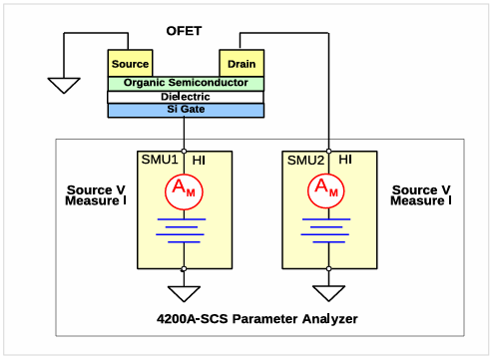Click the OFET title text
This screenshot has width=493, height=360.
(184, 31)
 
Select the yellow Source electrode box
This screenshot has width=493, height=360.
(130, 63)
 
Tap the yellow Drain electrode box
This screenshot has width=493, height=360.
(242, 63)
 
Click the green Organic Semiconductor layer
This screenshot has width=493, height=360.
(186, 84)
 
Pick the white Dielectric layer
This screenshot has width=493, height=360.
(186, 97)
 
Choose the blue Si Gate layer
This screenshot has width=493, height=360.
(186, 111)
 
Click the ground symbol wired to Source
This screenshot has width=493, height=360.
(64, 86)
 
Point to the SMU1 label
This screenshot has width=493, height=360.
(160, 160)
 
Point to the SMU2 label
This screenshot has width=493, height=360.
(305, 161)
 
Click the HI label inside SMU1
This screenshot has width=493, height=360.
(199, 161)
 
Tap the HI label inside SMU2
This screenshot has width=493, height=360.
(345, 160)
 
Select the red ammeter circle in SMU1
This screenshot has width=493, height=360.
(184, 191)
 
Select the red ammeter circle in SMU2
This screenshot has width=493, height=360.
(326, 190)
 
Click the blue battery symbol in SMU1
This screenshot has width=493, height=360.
(181, 230)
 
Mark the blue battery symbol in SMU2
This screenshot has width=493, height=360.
(325, 230)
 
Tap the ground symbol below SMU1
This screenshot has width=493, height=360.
(184, 294)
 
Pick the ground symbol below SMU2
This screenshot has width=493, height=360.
(328, 293)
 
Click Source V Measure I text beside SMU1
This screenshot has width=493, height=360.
(96, 195)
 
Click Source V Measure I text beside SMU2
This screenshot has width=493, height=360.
(421, 195)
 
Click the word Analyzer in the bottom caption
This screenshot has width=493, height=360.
(330, 319)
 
